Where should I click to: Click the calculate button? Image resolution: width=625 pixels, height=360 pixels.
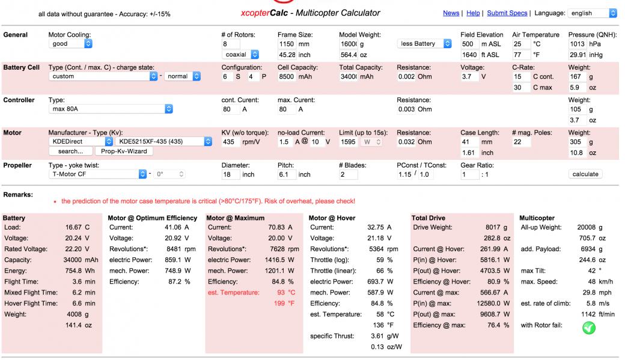pos(585,174)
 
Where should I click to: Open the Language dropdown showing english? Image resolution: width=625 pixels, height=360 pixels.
pos(592,13)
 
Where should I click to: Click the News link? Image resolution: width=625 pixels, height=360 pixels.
pos(451,13)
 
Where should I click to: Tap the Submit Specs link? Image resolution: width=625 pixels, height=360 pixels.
pos(507,13)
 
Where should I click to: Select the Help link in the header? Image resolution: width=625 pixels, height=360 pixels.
pos(473,13)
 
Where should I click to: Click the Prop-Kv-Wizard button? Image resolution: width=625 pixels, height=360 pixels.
pos(124,151)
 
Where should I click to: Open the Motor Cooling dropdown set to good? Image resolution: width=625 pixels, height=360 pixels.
pos(71,44)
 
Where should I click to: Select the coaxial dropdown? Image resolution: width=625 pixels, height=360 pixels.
pos(240,55)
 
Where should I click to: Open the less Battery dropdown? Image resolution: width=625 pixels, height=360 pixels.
pos(425,44)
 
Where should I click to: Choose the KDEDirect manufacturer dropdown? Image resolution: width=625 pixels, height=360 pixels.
pos(81,142)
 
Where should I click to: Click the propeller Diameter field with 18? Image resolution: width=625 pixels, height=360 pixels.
pos(230,174)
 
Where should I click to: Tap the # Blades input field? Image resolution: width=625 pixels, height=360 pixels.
pos(349,174)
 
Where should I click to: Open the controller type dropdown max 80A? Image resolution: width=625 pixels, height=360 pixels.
pos(111,109)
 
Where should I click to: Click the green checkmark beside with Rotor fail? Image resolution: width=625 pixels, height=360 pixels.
pos(589,328)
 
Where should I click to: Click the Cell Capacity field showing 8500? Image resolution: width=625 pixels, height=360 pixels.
pos(287,76)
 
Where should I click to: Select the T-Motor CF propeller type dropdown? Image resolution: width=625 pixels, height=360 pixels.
pos(97,174)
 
